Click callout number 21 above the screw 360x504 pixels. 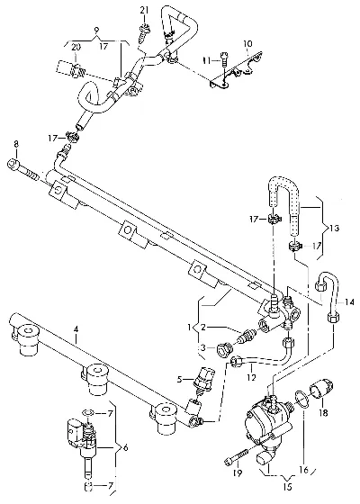point(144,10)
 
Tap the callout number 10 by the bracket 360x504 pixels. point(247,43)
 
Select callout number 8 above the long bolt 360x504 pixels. point(16,144)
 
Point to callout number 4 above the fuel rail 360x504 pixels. point(76,328)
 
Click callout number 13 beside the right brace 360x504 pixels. point(334,229)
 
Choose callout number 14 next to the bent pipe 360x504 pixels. point(350,301)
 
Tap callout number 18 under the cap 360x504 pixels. point(324,412)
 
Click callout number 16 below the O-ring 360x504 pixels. point(304,470)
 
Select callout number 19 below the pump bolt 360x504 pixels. point(238,472)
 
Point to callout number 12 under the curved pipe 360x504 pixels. point(251,377)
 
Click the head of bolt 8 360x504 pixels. point(13,165)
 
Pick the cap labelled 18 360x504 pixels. point(322,387)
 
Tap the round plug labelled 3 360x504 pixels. point(225,350)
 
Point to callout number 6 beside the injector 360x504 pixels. point(125,448)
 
